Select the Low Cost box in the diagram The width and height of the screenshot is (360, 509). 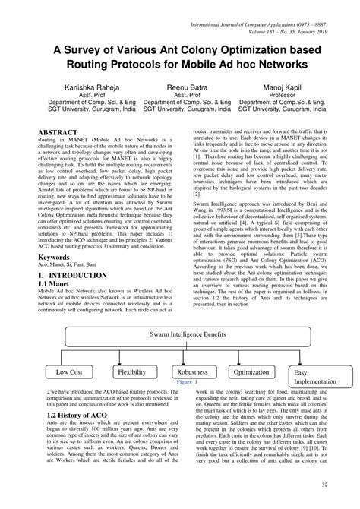(69, 372)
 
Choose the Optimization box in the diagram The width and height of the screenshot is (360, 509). (251, 372)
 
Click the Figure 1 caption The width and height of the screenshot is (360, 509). (186, 384)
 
